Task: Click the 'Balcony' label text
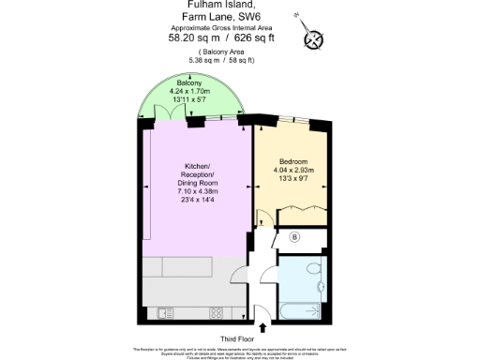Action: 190,83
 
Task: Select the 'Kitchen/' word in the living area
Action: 197,169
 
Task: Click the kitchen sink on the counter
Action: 167,311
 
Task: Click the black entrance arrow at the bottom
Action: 262,326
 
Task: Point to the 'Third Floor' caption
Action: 240,338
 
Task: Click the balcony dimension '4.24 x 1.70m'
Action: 190,92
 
